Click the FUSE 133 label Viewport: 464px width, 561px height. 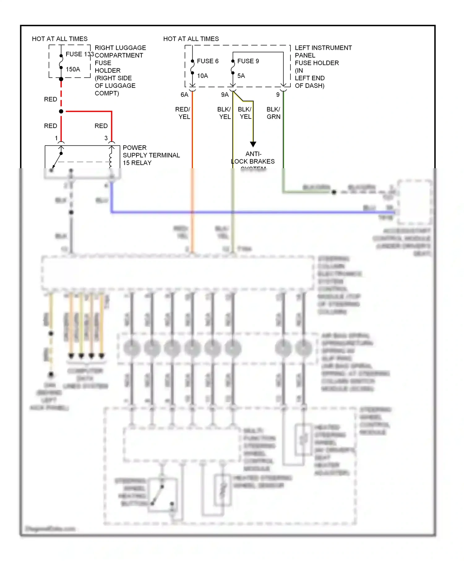[x=79, y=54]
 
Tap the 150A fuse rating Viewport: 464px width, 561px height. [x=73, y=69]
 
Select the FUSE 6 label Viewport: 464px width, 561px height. [x=208, y=61]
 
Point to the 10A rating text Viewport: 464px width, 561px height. [x=203, y=76]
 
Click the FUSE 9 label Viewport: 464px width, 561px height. [x=248, y=61]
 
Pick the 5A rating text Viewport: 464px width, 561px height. [x=241, y=76]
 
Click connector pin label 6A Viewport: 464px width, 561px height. [x=184, y=95]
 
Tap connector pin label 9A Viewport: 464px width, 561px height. [x=225, y=95]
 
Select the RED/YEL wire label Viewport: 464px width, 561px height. [x=183, y=113]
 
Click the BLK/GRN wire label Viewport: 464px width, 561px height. [x=273, y=113]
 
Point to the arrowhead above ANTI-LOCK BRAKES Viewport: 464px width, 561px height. [x=253, y=144]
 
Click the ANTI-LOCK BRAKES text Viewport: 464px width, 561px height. [x=253, y=158]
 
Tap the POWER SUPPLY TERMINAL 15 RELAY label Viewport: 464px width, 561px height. [x=151, y=155]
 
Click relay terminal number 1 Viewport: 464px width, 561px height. [x=56, y=138]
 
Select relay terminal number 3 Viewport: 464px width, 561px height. [x=106, y=138]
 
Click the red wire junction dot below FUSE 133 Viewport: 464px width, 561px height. [x=61, y=111]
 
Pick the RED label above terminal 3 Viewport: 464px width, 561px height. [x=101, y=126]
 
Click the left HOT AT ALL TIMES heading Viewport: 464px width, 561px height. [x=60, y=39]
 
